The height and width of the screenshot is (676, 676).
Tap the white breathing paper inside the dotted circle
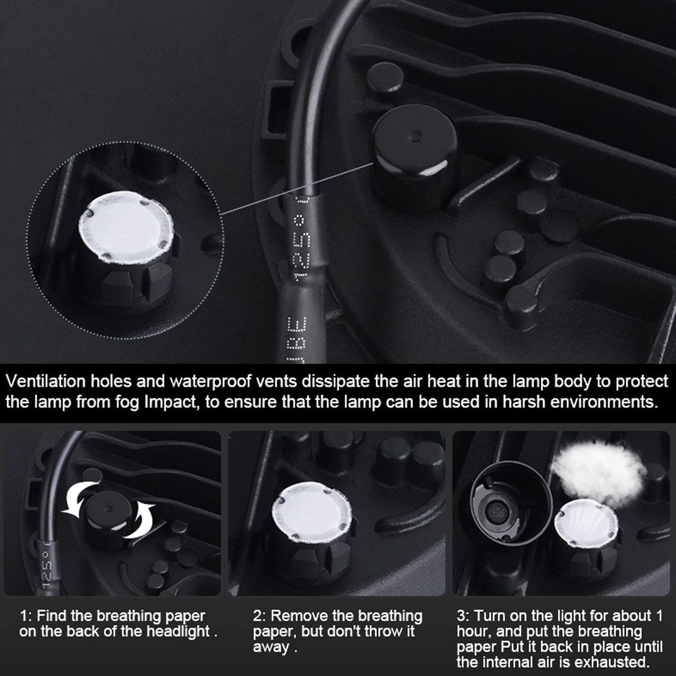point(126,226)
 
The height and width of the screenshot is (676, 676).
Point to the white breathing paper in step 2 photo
point(312,509)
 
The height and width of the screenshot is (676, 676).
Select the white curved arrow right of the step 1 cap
point(141,521)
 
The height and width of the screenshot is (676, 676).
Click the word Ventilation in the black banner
point(46,381)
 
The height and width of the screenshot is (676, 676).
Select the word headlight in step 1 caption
point(178,631)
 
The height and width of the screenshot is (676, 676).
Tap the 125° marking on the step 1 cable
point(47,564)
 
